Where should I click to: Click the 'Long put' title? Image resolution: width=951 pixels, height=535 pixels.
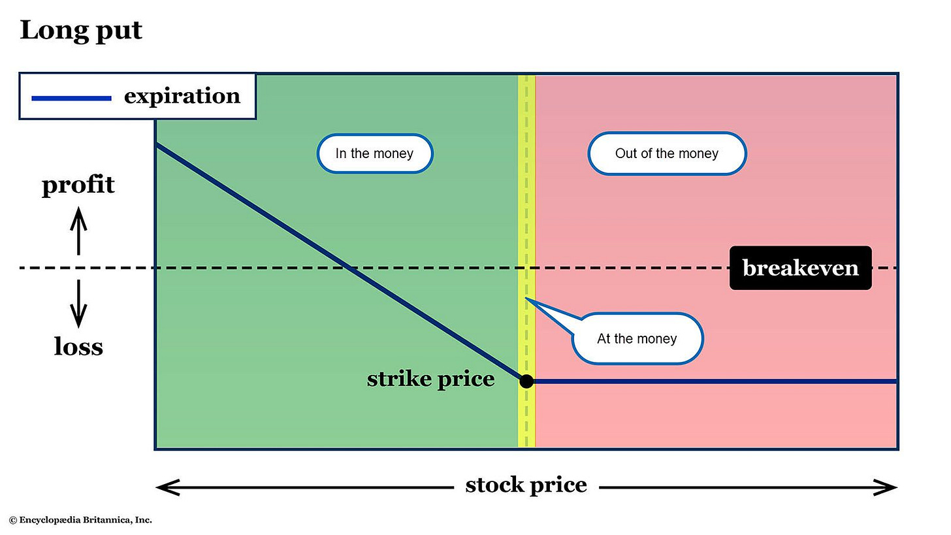[81, 31]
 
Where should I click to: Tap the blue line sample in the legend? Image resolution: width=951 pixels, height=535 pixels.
[71, 98]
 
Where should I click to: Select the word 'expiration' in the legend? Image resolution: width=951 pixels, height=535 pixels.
[182, 96]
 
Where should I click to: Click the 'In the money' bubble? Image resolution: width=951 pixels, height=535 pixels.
[374, 154]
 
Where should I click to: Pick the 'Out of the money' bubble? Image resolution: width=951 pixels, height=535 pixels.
[666, 154]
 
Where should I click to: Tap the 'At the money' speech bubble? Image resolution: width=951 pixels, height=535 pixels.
[637, 338]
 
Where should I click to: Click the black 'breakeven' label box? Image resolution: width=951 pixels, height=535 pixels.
[800, 268]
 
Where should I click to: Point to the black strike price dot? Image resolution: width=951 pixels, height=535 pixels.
[526, 381]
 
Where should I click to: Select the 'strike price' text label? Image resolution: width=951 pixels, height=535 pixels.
[430, 379]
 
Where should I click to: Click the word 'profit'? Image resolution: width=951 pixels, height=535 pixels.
[78, 185]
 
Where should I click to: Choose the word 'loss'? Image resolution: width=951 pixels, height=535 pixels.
[78, 346]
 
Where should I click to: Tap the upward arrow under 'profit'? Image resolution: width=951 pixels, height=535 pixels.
[78, 230]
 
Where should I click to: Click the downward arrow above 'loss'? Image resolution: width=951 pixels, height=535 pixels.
[78, 304]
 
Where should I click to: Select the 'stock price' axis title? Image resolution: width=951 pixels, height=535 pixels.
[526, 485]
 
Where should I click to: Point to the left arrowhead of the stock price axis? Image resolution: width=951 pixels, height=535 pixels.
[167, 487]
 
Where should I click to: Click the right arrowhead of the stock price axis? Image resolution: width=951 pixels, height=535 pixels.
[886, 487]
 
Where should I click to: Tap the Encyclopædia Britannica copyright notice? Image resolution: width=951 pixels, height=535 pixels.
[80, 520]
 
